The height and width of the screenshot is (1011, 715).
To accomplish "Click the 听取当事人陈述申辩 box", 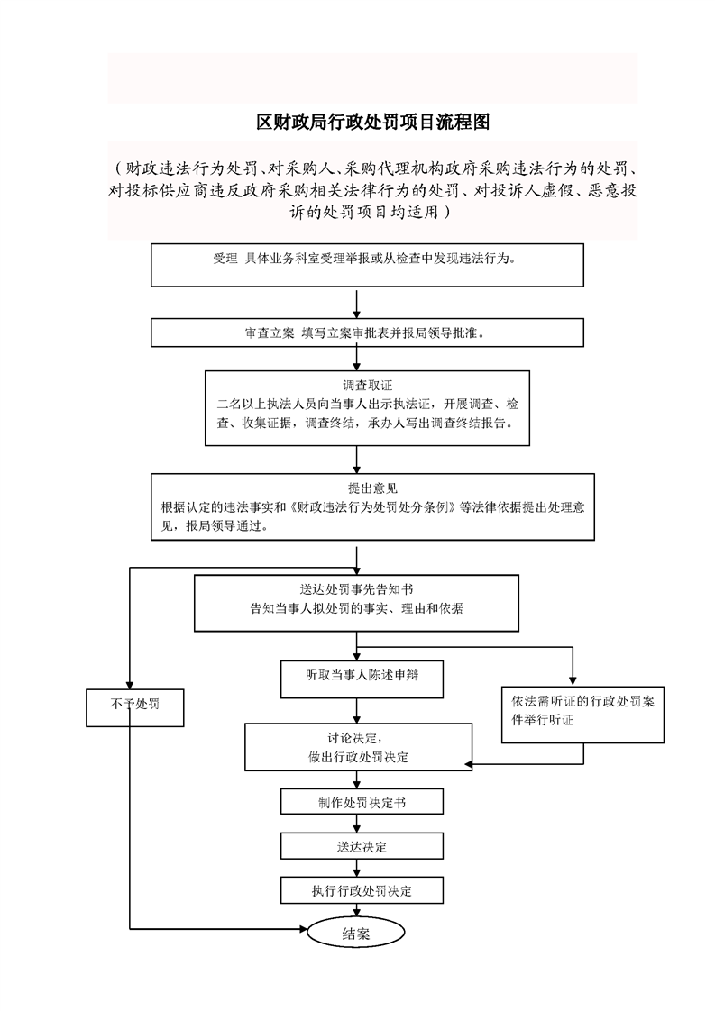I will (362, 674).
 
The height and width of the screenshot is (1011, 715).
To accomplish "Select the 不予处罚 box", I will (135, 707).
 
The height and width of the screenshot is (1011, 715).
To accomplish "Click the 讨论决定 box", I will (358, 747).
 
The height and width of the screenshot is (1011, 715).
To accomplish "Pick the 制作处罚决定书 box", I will (362, 801).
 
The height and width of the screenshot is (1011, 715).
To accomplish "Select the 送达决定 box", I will (362, 846).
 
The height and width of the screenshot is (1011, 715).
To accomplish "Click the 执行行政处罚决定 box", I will (362, 891).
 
